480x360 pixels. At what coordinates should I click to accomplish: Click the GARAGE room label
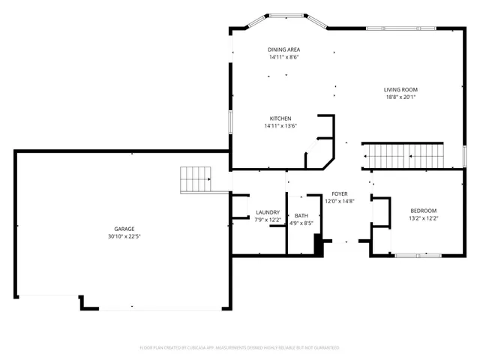click(124, 229)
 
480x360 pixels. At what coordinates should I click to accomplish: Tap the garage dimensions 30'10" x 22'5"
click(124, 236)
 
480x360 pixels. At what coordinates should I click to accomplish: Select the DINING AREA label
click(283, 49)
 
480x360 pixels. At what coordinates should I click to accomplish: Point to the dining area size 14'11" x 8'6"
click(283, 57)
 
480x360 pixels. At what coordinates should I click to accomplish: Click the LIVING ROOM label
click(400, 89)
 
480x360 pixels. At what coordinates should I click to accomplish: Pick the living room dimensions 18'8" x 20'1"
click(400, 97)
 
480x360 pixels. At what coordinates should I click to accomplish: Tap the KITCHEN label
click(280, 118)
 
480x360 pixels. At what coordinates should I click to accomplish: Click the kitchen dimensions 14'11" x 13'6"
click(280, 126)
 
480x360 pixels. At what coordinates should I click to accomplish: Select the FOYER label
click(339, 193)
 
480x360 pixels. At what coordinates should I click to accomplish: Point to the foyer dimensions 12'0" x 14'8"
click(339, 201)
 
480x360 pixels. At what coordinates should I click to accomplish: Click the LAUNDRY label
click(268, 212)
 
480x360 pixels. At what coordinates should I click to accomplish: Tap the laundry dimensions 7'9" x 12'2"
click(268, 220)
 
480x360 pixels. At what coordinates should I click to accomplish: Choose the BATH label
click(301, 216)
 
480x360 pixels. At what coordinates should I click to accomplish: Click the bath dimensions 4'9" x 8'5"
click(301, 223)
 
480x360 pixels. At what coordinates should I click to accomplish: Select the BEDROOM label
click(423, 211)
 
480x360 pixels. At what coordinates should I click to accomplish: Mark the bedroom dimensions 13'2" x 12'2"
click(423, 218)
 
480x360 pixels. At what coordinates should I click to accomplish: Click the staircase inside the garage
click(197, 180)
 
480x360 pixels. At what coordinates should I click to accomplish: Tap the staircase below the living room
click(403, 156)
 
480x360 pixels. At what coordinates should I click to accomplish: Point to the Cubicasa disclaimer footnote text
click(240, 347)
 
